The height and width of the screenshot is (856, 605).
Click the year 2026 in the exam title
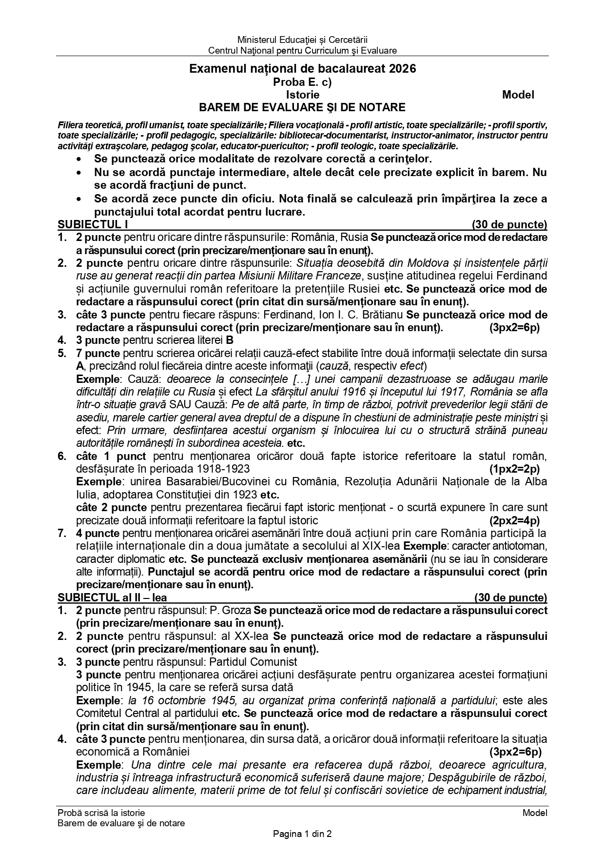tap(403, 69)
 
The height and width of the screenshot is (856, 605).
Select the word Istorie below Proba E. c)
tap(302, 95)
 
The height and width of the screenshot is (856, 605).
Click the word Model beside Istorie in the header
tap(518, 95)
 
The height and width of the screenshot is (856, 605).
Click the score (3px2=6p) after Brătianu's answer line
tap(514, 327)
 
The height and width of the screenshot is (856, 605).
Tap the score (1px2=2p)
tap(514, 469)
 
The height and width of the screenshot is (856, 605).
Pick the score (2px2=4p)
tap(514, 520)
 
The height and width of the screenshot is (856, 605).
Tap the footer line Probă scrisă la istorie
tap(101, 813)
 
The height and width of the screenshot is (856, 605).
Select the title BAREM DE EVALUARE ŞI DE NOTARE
tap(302, 107)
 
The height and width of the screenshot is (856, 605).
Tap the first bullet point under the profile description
tap(78, 159)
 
